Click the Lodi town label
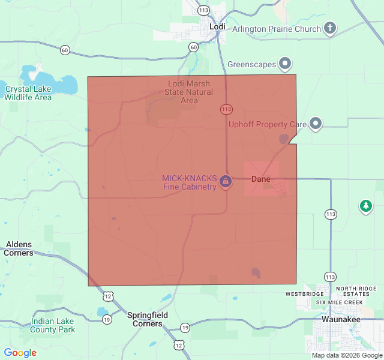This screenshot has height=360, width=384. (x=217, y=27)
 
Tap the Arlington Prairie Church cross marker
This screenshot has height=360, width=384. (x=329, y=28)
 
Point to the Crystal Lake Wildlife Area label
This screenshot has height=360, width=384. (x=28, y=93)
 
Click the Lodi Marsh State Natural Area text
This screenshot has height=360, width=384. (x=190, y=92)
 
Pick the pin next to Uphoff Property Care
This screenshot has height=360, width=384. (x=316, y=124)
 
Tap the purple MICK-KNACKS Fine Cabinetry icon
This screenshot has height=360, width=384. (x=226, y=181)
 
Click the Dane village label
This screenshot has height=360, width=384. (x=260, y=179)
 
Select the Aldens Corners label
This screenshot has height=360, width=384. (x=19, y=248)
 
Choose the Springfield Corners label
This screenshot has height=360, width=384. (x=148, y=319)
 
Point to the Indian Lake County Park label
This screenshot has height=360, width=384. (x=53, y=325)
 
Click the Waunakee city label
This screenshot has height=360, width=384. (x=341, y=320)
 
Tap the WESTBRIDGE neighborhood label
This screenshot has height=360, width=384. (x=300, y=295)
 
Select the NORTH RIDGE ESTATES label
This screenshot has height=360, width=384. (x=356, y=291)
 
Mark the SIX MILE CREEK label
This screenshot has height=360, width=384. (x=340, y=302)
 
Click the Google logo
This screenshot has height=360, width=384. (x=20, y=353)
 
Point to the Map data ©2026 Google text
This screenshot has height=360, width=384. (x=346, y=355)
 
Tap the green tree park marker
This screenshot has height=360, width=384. (x=365, y=206)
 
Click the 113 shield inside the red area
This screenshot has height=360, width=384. (x=226, y=109)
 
